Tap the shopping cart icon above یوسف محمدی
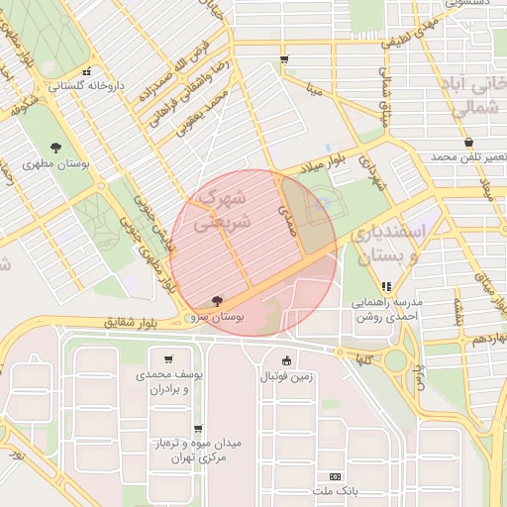(x=169, y=359)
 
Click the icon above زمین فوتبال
(x=287, y=360)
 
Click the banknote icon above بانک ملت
(x=334, y=476)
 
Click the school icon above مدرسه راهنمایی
(x=386, y=286)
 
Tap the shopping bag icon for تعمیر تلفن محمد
(x=467, y=143)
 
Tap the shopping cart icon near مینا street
(x=285, y=60)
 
